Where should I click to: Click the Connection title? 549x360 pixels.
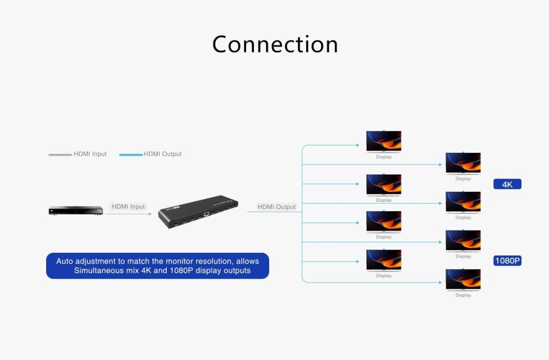275,44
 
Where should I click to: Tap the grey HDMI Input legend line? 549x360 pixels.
60,155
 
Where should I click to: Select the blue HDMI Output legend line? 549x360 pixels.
131,155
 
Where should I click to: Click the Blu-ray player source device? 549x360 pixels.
76,211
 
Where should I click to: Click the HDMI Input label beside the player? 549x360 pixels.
128,206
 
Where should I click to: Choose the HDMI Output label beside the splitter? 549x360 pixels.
276,207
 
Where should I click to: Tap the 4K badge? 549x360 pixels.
507,184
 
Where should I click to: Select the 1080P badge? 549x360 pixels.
507,261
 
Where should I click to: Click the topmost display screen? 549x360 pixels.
383,141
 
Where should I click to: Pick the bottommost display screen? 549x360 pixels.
463,280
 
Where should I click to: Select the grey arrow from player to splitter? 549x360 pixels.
129,214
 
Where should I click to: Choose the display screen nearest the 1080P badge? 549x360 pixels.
463,241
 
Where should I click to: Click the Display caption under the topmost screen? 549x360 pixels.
383,157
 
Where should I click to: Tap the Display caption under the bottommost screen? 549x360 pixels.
463,295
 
